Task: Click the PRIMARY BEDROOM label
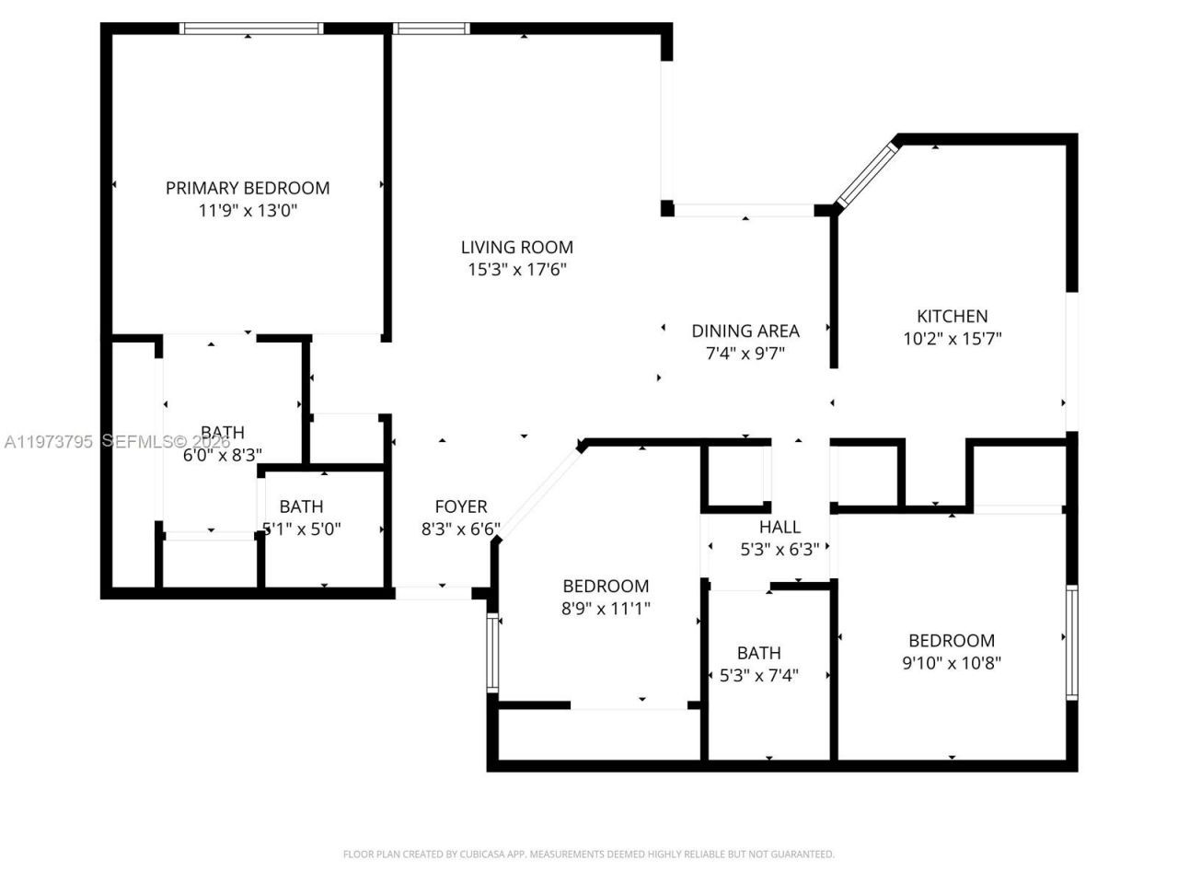[x=248, y=188]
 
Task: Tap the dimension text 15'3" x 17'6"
[x=516, y=270]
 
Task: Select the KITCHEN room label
[x=952, y=316]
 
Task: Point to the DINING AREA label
[x=745, y=331]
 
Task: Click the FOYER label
[x=461, y=506]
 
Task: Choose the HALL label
[x=780, y=527]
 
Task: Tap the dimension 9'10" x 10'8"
[x=952, y=663]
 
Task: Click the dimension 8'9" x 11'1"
[x=606, y=609]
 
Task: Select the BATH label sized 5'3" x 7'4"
[x=759, y=653]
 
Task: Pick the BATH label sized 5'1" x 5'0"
[x=301, y=506]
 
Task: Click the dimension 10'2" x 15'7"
[x=952, y=339]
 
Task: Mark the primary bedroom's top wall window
[x=251, y=29]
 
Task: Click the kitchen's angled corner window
[x=866, y=171]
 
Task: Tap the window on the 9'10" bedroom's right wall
[x=1071, y=642]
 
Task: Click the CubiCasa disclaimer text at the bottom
[x=589, y=855]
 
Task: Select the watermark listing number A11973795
[x=48, y=442]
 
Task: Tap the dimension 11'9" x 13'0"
[x=248, y=211]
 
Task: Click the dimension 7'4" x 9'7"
[x=745, y=354]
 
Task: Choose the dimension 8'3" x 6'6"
[x=461, y=529]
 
